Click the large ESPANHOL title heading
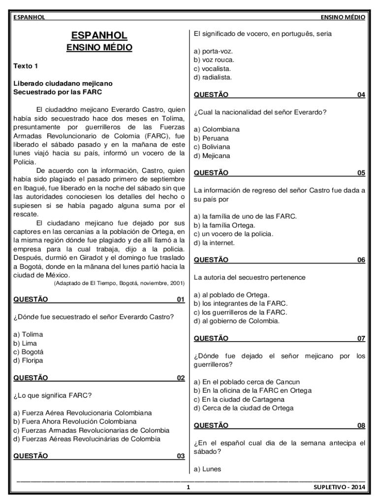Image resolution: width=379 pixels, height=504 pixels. [x=99, y=35]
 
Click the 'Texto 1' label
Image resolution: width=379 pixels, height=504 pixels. [x=25, y=65]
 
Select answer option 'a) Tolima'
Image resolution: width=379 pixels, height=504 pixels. [x=29, y=334]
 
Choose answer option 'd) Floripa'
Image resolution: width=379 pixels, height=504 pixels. [x=29, y=360]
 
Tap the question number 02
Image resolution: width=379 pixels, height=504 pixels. [x=181, y=378]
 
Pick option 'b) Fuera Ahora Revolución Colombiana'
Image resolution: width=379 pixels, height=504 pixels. [x=75, y=421]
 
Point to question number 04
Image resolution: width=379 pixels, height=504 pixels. [x=361, y=95]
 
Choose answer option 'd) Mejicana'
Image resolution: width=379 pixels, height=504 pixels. [x=212, y=156]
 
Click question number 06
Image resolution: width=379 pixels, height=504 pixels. [x=361, y=260]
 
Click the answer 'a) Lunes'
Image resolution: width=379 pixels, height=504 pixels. [x=208, y=469]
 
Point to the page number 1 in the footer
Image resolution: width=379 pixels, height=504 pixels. [x=188, y=488]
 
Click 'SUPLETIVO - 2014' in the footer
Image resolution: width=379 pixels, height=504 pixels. [x=340, y=488]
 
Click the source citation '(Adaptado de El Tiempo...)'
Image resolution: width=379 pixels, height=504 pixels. [x=119, y=283]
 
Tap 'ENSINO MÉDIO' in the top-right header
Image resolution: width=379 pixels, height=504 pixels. [x=343, y=17]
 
